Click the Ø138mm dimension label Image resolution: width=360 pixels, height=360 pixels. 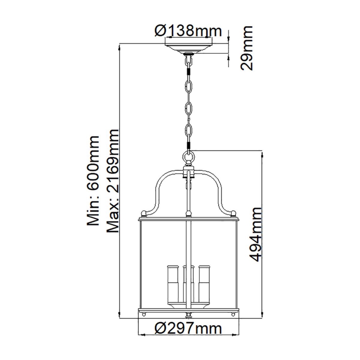point(188,31)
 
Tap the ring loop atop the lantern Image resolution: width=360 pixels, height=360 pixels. point(189,158)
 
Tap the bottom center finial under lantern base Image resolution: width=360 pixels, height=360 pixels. point(189,315)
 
